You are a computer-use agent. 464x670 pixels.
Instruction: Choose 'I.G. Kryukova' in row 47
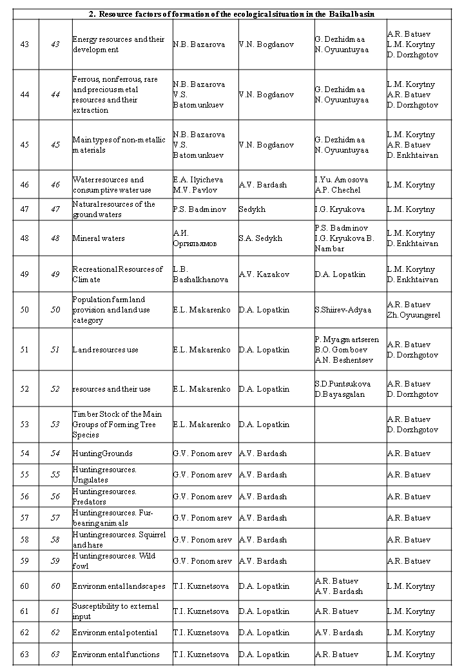[x=340, y=209]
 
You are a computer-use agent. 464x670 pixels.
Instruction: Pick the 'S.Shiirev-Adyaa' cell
[x=343, y=310]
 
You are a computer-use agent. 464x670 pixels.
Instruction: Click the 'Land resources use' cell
[x=106, y=350]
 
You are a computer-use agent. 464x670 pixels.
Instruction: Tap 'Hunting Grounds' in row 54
[x=103, y=454]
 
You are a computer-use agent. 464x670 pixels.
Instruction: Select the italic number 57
[x=55, y=518]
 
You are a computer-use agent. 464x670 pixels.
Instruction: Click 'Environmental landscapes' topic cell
[x=119, y=586]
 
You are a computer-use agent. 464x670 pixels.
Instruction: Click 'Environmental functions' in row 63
[x=116, y=655]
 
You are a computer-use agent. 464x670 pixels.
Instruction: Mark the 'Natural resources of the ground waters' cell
[x=114, y=209]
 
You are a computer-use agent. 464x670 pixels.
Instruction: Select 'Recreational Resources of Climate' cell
[x=118, y=274]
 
